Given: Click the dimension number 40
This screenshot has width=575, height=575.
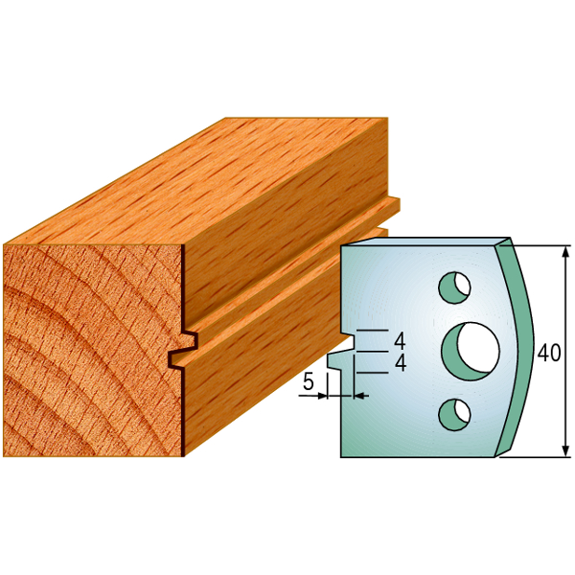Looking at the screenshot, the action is click(x=549, y=353).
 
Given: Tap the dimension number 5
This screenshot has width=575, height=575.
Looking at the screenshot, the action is click(x=309, y=382).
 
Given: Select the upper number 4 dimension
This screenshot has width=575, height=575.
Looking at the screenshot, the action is click(x=400, y=341).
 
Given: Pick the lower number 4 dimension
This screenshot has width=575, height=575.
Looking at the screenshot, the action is click(x=400, y=363).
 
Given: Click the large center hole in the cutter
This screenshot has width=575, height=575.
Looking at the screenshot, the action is click(x=471, y=352).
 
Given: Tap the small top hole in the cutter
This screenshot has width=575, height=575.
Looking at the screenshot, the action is click(x=454, y=287).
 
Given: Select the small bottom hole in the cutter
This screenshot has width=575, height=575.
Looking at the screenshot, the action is click(x=454, y=415).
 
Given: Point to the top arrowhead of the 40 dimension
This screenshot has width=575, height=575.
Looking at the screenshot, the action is click(x=566, y=251).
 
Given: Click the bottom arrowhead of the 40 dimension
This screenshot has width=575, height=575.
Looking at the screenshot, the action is click(x=566, y=450).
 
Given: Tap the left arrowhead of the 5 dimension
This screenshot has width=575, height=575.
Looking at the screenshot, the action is click(x=322, y=396).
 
